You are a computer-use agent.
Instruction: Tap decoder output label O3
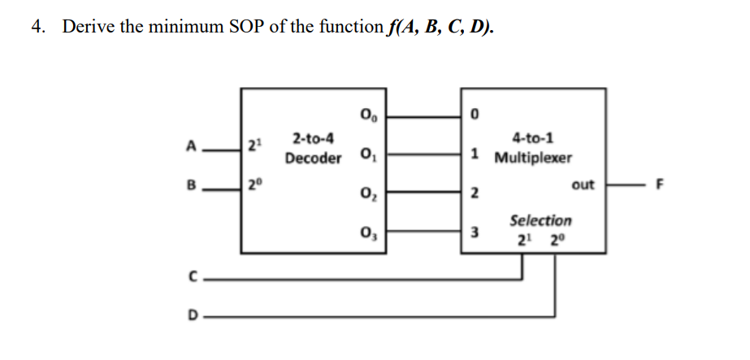pyautogui.click(x=365, y=235)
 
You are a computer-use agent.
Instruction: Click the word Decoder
pyautogui.click(x=313, y=158)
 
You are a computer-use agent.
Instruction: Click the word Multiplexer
pyautogui.click(x=534, y=157)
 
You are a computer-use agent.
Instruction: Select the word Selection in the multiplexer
pyautogui.click(x=540, y=220)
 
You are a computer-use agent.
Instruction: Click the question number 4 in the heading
pyautogui.click(x=37, y=27)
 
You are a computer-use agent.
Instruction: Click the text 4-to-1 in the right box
pyautogui.click(x=533, y=139)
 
